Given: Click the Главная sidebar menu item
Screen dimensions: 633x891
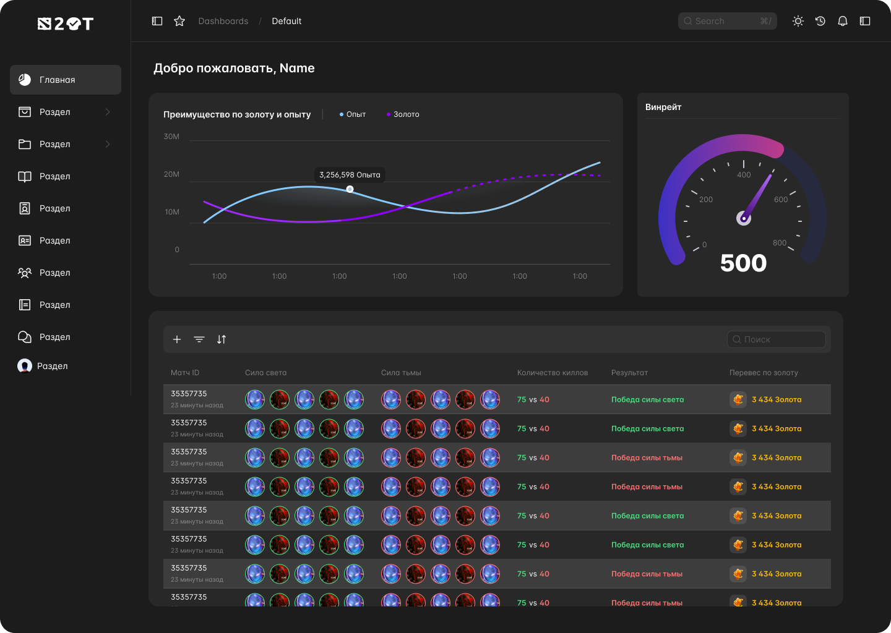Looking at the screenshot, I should tap(65, 80).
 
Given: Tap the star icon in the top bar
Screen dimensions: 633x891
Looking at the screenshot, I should tap(179, 21).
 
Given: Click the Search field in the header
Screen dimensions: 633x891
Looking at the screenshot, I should tap(727, 21).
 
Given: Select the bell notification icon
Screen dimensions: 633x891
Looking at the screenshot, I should tap(843, 21).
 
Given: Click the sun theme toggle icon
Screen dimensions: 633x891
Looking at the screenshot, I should tap(798, 21).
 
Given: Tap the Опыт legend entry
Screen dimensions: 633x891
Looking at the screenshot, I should tap(353, 114).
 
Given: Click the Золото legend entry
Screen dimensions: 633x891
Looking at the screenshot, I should tap(403, 114).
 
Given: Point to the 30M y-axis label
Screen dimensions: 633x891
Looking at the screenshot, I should tap(171, 137).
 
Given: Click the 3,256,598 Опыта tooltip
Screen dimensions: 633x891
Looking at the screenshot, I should tap(350, 175).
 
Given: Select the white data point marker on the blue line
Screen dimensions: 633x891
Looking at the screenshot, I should tap(350, 189).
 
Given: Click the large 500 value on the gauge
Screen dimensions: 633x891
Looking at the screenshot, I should tap(743, 263).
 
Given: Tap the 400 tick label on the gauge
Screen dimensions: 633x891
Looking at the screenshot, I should tap(744, 175).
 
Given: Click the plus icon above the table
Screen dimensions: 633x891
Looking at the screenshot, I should tap(177, 339).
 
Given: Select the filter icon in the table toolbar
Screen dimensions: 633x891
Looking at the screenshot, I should tap(199, 339).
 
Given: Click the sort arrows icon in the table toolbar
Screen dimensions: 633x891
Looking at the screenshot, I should tap(222, 339).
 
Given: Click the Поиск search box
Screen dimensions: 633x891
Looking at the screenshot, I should tap(776, 339).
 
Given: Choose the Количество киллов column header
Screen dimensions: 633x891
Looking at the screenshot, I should tap(553, 373).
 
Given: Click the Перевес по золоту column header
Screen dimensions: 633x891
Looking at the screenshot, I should tap(764, 373).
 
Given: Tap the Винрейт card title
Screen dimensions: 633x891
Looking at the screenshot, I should tap(663, 107).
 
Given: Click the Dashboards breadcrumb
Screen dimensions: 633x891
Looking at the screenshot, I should tap(223, 21).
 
